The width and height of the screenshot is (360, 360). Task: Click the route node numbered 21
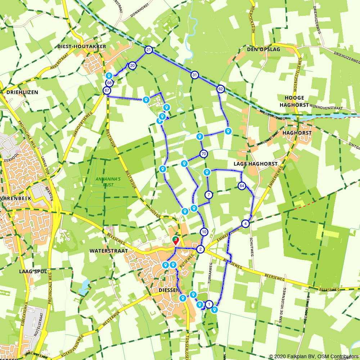click(148, 50)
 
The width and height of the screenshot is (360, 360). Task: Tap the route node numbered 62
click(221, 89)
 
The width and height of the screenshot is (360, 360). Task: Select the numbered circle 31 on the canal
click(195, 75)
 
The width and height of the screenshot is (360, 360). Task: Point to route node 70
click(204, 154)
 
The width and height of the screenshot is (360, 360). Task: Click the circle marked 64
click(242, 186)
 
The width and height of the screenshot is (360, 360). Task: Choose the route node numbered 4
click(246, 224)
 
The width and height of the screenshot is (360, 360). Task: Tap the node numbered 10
click(204, 232)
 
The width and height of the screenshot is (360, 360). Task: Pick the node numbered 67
click(107, 90)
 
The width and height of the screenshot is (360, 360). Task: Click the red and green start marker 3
click(175, 240)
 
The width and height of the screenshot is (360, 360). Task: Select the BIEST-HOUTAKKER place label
click(82, 46)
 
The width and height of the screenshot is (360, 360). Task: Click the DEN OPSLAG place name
click(264, 49)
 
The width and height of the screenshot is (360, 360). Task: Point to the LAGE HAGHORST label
click(256, 164)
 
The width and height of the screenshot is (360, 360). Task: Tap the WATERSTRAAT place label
click(104, 251)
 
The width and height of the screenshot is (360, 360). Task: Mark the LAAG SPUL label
click(33, 271)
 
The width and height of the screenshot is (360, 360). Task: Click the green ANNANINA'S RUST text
click(104, 182)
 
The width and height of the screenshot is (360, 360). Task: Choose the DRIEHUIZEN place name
click(22, 92)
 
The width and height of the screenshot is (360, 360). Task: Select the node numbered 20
click(132, 66)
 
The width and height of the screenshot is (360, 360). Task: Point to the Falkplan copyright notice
click(314, 356)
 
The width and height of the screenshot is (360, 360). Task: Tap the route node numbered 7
click(209, 195)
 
